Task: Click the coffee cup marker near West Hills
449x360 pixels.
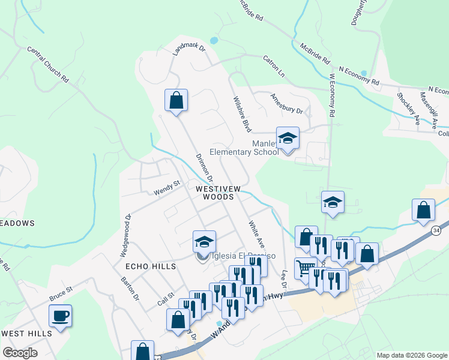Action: point(61,316)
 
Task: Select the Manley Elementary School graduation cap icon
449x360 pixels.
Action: point(288,137)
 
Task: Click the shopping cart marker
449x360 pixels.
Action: point(306,268)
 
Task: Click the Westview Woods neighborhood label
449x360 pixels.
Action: point(218,193)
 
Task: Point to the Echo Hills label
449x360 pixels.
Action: point(145,265)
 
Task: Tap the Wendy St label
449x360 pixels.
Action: point(166,188)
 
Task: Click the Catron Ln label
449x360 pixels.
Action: point(273,65)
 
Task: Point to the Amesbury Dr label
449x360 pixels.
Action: point(286,103)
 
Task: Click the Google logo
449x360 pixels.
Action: point(20,352)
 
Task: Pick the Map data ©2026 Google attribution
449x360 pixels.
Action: point(411,355)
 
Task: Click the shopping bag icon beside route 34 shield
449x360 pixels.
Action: point(423,211)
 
